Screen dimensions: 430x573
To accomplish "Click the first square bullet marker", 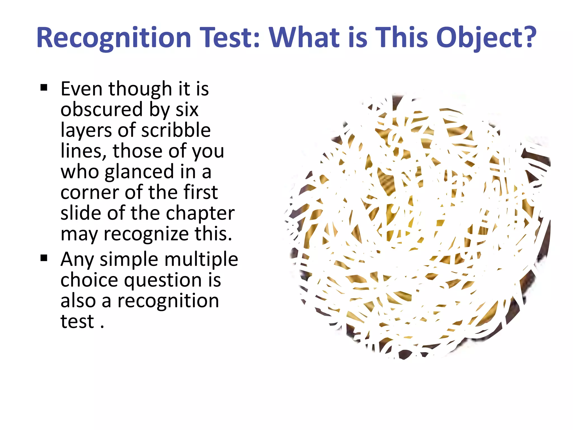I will click(x=44, y=88).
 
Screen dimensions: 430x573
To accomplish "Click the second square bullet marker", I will click(x=44, y=258).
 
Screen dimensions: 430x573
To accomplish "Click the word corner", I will click(x=89, y=192).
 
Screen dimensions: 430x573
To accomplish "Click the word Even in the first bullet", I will click(x=81, y=89).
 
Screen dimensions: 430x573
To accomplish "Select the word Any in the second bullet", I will click(x=77, y=260).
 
